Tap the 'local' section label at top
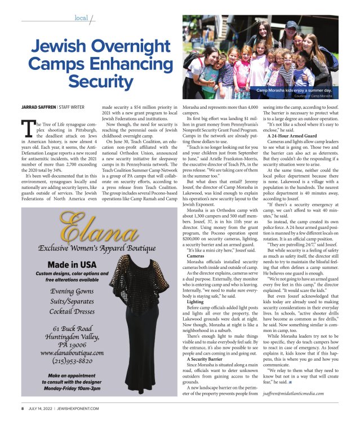81,18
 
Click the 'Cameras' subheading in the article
196,255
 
